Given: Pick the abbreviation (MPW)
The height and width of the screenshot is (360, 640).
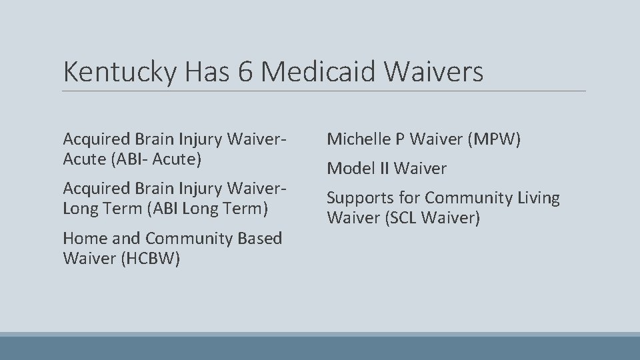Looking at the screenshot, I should pos(493,139).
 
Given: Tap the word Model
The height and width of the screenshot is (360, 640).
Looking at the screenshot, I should pos(349,169).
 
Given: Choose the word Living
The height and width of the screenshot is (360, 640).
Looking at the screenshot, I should pos(538,198).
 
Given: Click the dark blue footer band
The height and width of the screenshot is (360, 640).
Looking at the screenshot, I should pos(320,348).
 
